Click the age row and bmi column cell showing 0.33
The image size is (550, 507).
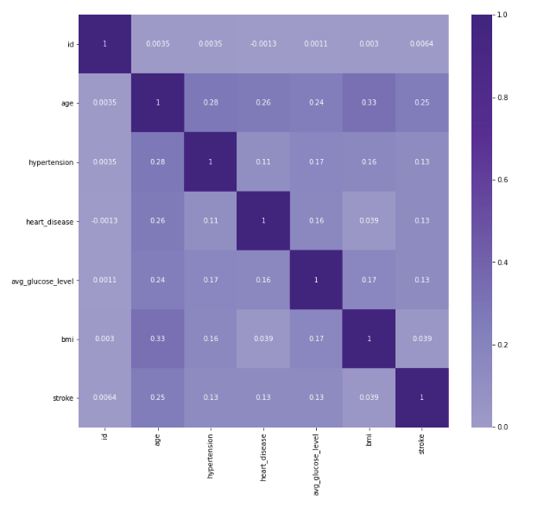(x=370, y=103)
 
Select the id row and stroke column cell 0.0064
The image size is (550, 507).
(x=422, y=44)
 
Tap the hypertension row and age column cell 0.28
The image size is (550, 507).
(x=157, y=162)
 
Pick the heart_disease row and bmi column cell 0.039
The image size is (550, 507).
(x=370, y=221)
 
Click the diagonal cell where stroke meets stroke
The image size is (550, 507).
(x=422, y=398)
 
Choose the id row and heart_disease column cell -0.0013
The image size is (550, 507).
(x=263, y=44)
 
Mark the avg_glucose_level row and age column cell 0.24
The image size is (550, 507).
(x=157, y=280)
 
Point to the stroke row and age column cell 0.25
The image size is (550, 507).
(x=157, y=398)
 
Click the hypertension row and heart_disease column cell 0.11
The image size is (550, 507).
(x=263, y=162)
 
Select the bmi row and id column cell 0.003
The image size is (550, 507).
(x=104, y=339)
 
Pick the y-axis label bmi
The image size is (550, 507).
(x=66, y=339)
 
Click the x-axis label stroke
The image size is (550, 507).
(x=422, y=443)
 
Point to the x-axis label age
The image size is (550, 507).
(x=157, y=438)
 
